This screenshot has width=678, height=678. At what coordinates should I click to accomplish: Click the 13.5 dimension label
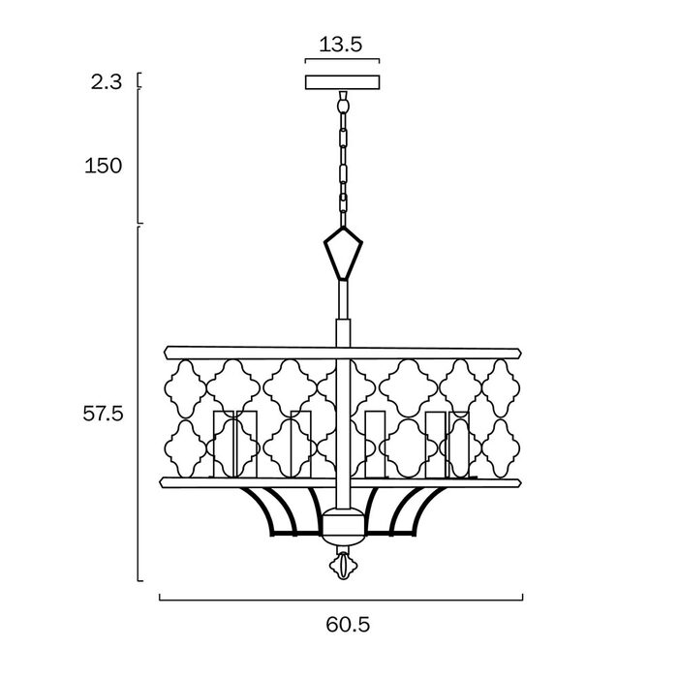[x=340, y=45]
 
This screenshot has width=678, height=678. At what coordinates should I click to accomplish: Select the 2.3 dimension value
[x=107, y=82]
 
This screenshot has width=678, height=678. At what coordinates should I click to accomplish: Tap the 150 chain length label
[x=104, y=166]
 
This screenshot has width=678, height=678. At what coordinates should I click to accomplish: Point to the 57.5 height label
[x=103, y=414]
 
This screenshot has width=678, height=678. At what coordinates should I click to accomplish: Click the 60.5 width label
[x=348, y=625]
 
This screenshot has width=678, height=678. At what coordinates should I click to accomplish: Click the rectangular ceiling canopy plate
[x=343, y=82]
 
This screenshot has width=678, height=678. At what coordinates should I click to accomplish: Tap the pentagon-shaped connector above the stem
[x=343, y=253]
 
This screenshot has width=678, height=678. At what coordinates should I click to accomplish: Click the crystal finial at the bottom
[x=343, y=565]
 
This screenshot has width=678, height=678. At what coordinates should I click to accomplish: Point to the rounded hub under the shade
[x=343, y=526]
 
